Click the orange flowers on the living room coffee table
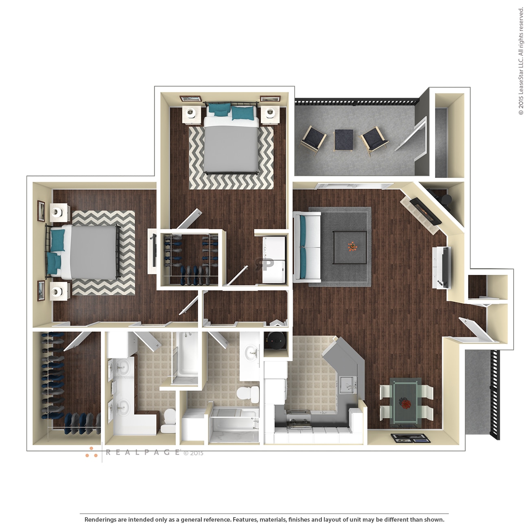352,246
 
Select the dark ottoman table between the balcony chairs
343,140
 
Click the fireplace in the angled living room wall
425,211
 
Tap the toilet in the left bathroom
168,421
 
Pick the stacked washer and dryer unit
273,260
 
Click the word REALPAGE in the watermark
142,452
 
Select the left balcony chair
313,140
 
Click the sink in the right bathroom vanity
251,352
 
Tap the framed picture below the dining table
410,438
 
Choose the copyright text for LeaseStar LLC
521,61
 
